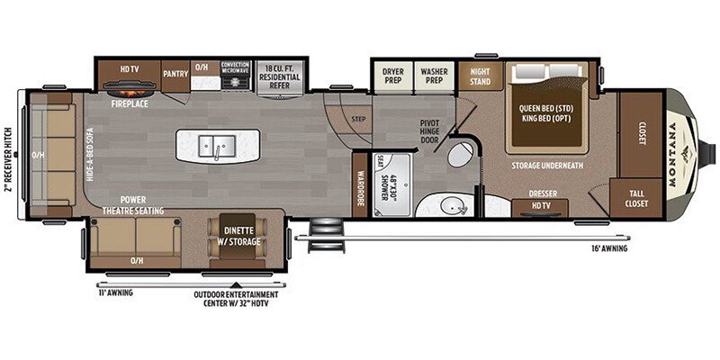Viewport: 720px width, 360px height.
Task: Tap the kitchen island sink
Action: pos(217,143)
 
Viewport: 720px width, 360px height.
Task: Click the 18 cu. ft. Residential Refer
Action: pos(280,73)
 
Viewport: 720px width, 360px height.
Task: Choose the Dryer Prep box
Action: pos(392,74)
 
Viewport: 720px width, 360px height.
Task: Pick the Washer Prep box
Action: pos(435,74)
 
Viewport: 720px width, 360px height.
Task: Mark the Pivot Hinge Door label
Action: pos(429,130)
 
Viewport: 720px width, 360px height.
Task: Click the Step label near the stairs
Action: pos(358,118)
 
